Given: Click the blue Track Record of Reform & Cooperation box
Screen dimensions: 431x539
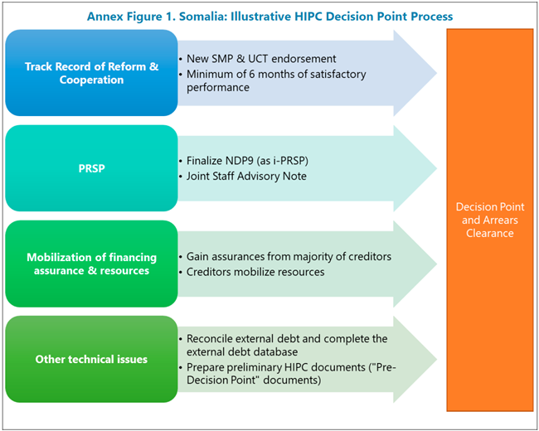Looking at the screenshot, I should click(x=91, y=74).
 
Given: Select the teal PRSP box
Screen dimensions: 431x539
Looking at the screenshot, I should click(x=91, y=169).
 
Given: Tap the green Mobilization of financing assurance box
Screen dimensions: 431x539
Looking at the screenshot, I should click(x=91, y=264).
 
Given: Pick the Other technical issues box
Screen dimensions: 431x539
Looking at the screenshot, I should click(x=91, y=359).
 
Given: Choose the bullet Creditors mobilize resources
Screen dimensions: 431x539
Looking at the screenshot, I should click(x=255, y=272).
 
